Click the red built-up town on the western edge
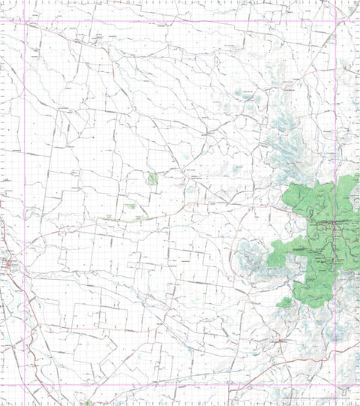[x=10, y=263]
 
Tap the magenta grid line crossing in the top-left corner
[x=25, y=21]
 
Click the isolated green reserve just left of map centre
[x=153, y=179]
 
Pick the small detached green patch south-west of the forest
[x=284, y=302]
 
